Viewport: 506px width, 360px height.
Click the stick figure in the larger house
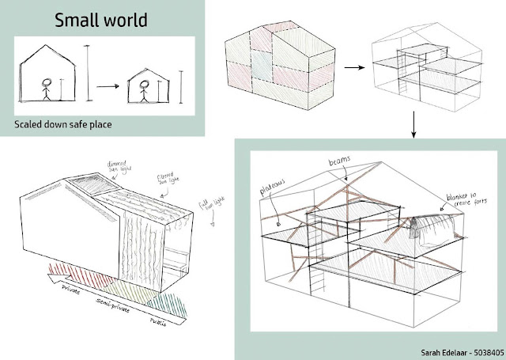pyautogui.click(x=47, y=88)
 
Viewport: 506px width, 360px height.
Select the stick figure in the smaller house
pyautogui.click(x=144, y=89)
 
